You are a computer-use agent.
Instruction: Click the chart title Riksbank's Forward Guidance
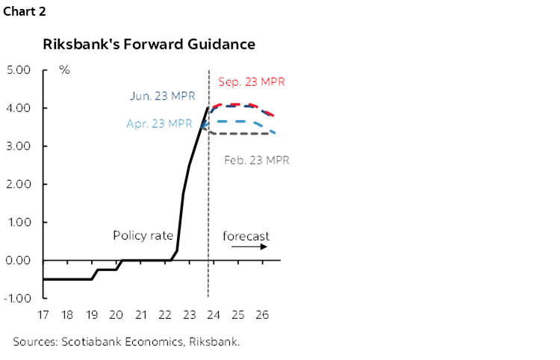pyautogui.click(x=149, y=44)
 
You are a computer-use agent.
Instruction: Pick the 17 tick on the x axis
pyautogui.click(x=44, y=314)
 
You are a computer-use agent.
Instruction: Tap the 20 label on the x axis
pyautogui.click(x=116, y=314)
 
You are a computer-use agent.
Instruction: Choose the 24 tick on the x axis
pyautogui.click(x=214, y=314)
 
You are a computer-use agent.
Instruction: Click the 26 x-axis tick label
pyautogui.click(x=262, y=314)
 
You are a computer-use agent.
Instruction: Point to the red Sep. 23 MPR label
pyautogui.click(x=252, y=81)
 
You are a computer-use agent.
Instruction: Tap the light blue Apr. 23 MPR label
pyautogui.click(x=159, y=124)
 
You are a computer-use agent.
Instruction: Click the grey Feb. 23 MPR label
pyautogui.click(x=256, y=159)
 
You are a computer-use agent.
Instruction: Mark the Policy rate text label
pyautogui.click(x=143, y=235)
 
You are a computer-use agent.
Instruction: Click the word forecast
pyautogui.click(x=246, y=236)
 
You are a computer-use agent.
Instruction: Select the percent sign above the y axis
pyautogui.click(x=64, y=70)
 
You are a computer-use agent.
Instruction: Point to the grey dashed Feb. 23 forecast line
pyautogui.click(x=246, y=133)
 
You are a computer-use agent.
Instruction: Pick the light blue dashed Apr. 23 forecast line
pyautogui.click(x=239, y=121)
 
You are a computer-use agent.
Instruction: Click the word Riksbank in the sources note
pyautogui.click(x=214, y=341)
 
